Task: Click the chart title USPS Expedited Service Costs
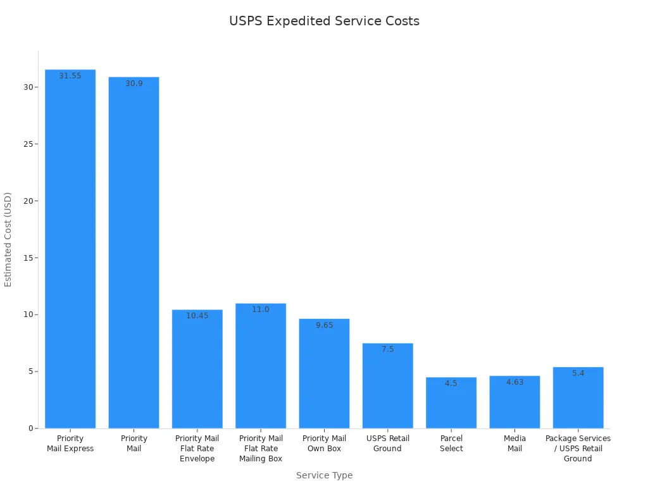pos(324,21)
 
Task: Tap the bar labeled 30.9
pos(134,253)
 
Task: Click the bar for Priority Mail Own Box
pos(324,373)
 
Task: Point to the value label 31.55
pos(70,76)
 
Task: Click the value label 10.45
pos(197,316)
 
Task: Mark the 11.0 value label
pos(261,309)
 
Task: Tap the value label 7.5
pos(387,349)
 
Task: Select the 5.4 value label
pos(578,373)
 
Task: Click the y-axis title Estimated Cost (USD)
pos(8,239)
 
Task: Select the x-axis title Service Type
pos(324,475)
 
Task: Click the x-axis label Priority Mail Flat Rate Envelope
pos(197,449)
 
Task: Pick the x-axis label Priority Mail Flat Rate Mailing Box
pos(261,449)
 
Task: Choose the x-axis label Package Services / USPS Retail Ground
pos(578,449)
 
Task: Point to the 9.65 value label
pos(324,325)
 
